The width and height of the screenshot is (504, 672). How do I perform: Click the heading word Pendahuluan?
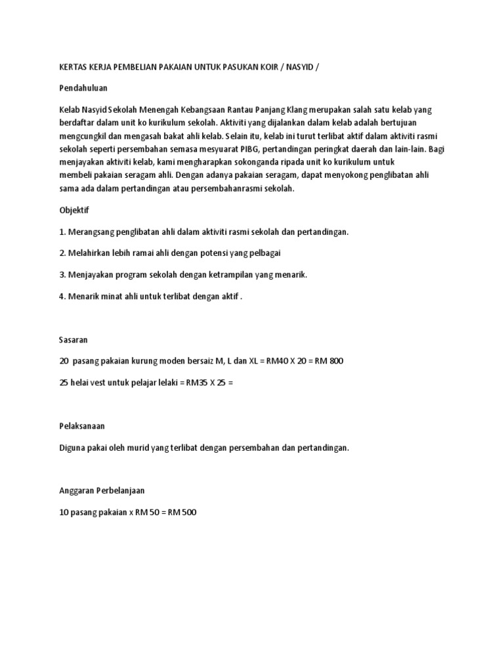pyautogui.click(x=83, y=87)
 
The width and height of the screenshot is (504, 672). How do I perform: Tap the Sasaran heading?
pyautogui.click(x=73, y=340)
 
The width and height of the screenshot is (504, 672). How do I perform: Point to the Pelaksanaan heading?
pyautogui.click(x=82, y=426)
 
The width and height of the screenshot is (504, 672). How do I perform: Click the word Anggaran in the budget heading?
pyautogui.click(x=77, y=490)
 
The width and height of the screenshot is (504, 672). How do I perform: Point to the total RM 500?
pyautogui.click(x=182, y=512)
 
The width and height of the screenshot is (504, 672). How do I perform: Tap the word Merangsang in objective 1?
pyautogui.click(x=91, y=232)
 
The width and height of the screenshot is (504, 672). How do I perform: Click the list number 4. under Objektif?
pyautogui.click(x=63, y=296)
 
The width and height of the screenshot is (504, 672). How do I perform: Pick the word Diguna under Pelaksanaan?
pyautogui.click(x=72, y=448)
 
